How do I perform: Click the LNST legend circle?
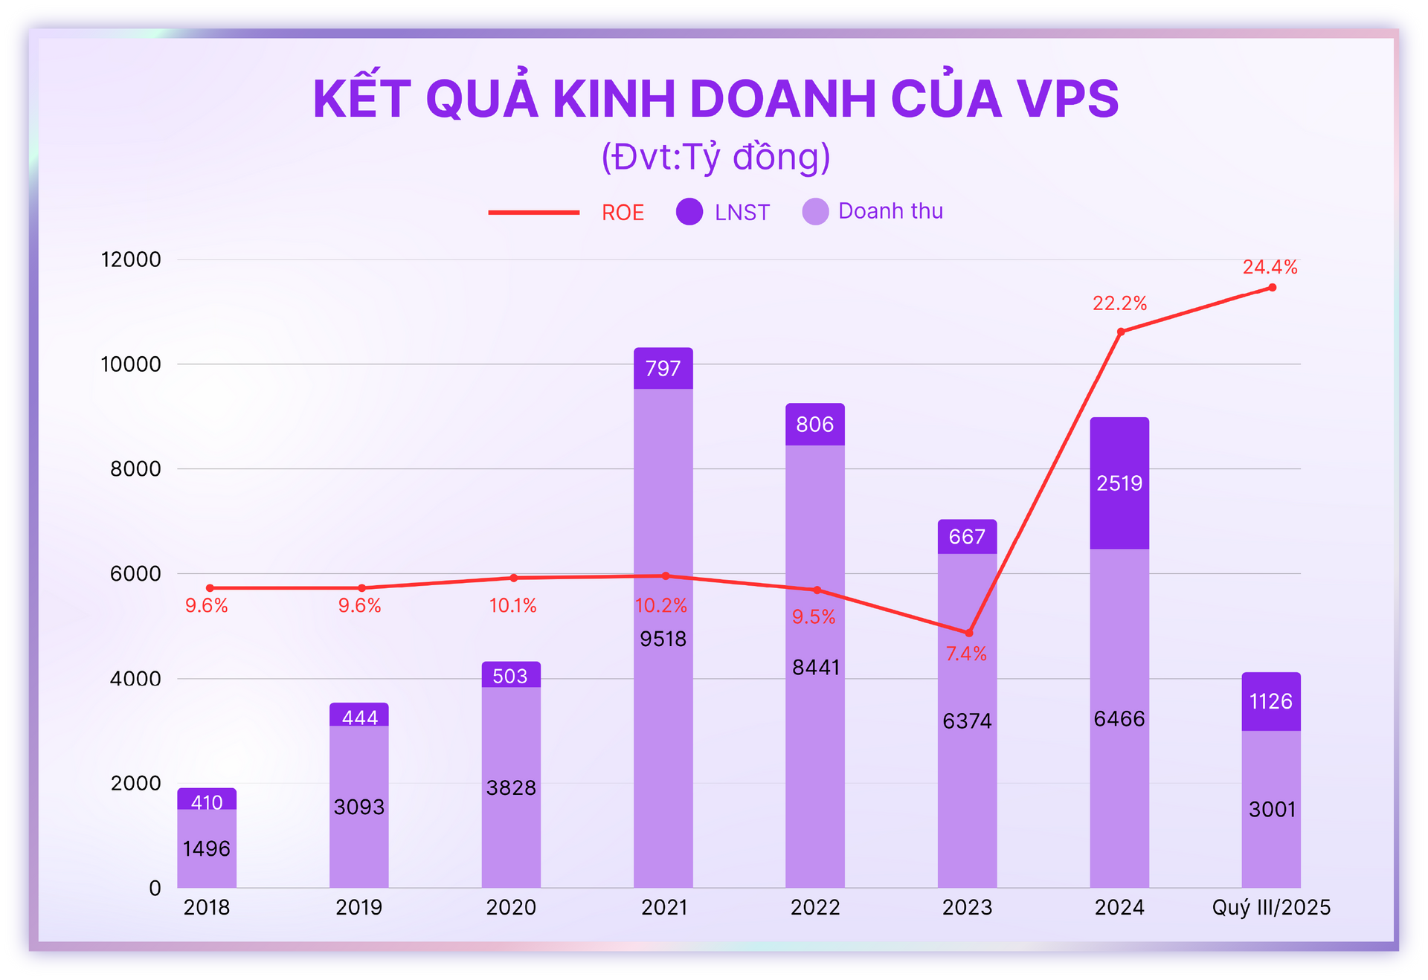click(689, 212)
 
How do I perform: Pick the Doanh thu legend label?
click(890, 211)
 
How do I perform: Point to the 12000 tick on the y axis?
click(131, 259)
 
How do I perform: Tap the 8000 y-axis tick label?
click(135, 469)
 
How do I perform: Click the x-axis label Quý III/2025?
click(1271, 907)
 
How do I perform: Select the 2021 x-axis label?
click(663, 907)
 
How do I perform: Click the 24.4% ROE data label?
click(1270, 267)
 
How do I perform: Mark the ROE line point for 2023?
click(969, 633)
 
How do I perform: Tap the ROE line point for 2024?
click(1121, 332)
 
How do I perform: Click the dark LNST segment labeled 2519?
click(1119, 483)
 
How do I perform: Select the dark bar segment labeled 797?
click(663, 368)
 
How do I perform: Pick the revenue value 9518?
click(663, 639)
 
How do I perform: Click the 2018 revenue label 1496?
click(207, 848)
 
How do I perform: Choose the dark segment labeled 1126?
click(1271, 701)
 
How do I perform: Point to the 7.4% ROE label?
click(966, 654)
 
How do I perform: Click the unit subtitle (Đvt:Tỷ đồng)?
click(715, 157)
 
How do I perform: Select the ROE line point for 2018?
click(210, 588)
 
